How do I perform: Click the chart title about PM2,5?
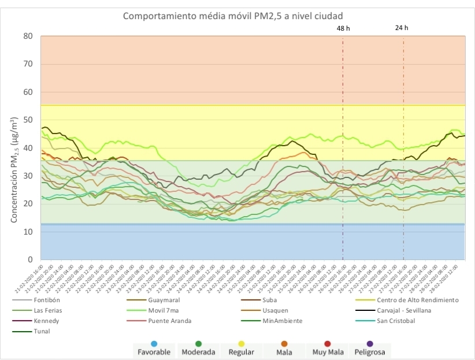[x=237, y=15]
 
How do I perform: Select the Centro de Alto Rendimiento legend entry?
[x=417, y=300]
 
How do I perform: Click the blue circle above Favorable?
[x=154, y=344]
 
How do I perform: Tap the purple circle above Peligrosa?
[x=370, y=344]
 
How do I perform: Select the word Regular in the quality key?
[x=240, y=352]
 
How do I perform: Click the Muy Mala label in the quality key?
[x=327, y=352]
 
